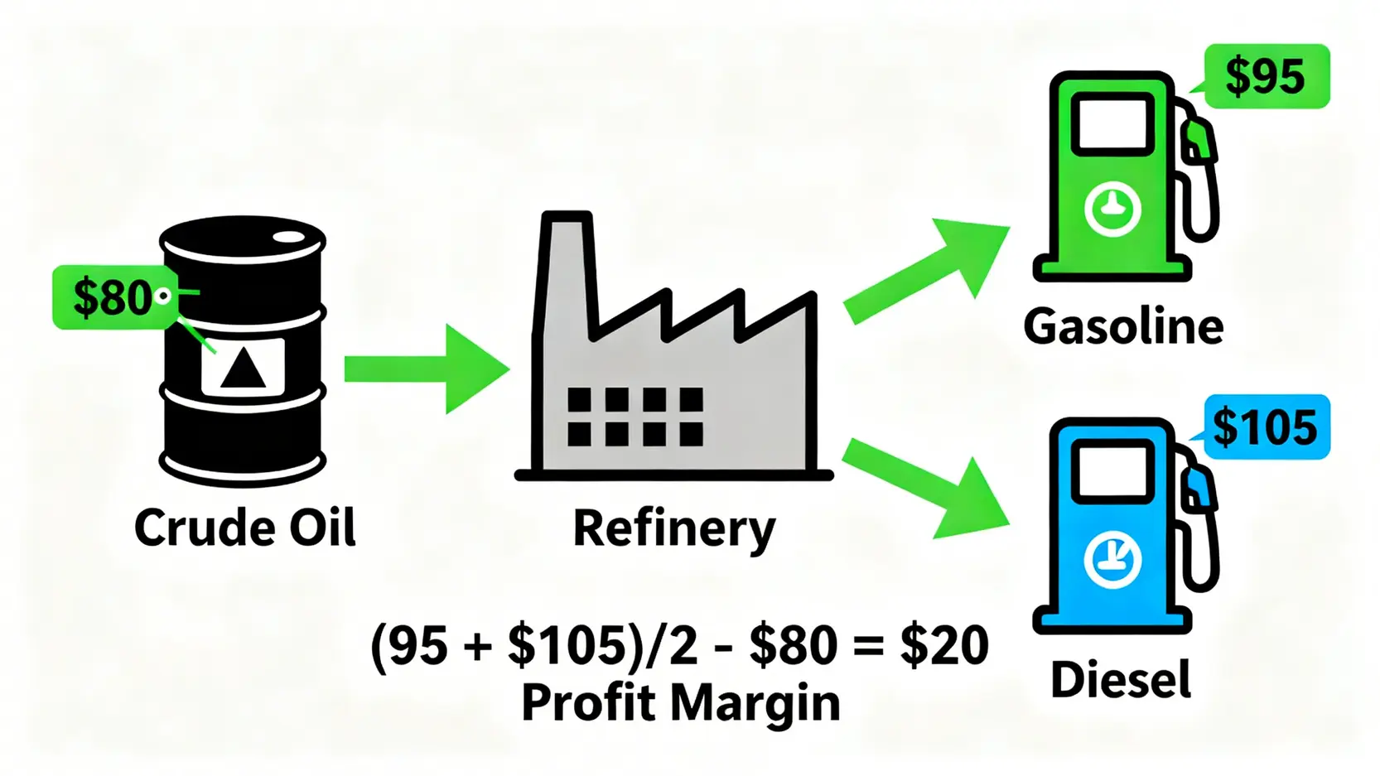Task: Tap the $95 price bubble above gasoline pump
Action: coord(1267,76)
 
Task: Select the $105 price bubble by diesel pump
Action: coord(1267,427)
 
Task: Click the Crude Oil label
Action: coord(245,528)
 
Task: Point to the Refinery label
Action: coord(674,531)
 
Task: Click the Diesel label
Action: coord(1121,679)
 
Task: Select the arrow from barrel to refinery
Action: coord(427,369)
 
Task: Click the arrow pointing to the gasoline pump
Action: coord(926,270)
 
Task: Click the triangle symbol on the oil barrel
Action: coord(243,368)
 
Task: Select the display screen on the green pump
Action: coord(1112,124)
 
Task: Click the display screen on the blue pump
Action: coord(1112,471)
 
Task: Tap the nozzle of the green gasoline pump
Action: coord(1199,142)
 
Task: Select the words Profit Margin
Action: coord(681,703)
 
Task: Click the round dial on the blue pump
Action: coord(1112,560)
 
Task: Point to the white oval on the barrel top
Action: coord(288,237)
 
